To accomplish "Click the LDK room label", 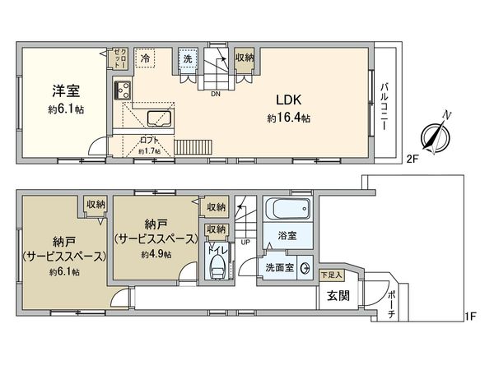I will (x=289, y=99).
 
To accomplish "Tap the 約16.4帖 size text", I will (x=288, y=118).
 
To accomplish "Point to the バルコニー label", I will (x=384, y=108).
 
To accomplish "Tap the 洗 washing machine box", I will (x=188, y=60).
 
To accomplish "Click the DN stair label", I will (x=216, y=94).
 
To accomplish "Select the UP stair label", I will (x=245, y=243).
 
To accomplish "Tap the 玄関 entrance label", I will (x=337, y=296).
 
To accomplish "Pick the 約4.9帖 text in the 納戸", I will (x=156, y=255).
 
